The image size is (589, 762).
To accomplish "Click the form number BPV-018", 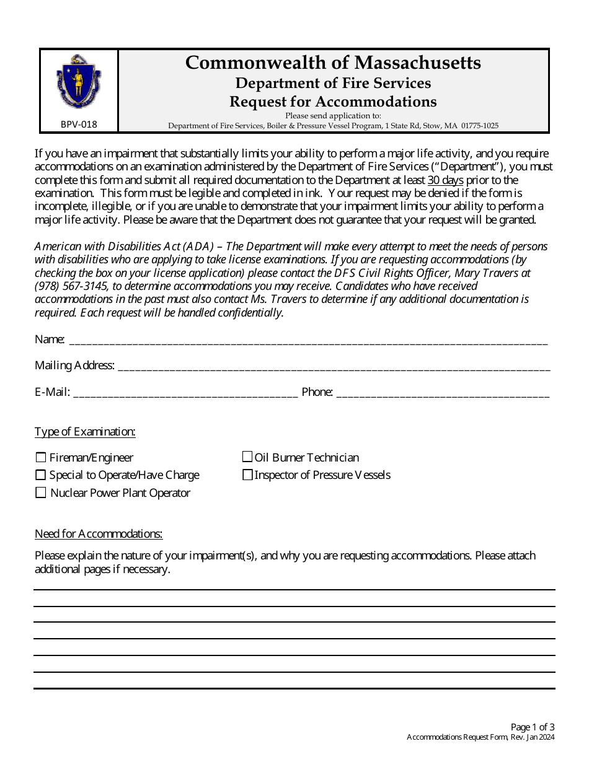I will click(x=79, y=124).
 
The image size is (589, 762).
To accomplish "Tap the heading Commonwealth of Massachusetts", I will click(x=333, y=63).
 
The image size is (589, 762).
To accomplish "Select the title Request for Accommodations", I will click(x=333, y=102).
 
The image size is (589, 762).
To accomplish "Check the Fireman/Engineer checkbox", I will click(x=41, y=458).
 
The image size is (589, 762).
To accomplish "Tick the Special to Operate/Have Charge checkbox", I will click(x=41, y=475).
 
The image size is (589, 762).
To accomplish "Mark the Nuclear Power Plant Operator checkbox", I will click(x=41, y=493).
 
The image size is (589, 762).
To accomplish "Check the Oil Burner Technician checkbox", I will click(x=247, y=458).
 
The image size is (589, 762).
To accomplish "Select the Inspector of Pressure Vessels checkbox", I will click(x=247, y=475).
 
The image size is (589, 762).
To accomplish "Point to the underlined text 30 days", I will click(x=445, y=180).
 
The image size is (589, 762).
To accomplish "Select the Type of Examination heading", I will click(x=85, y=432).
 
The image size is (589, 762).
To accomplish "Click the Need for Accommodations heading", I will click(x=99, y=534).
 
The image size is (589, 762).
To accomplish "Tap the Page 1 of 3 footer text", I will click(x=533, y=727).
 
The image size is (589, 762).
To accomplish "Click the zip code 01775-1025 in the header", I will click(x=479, y=125).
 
